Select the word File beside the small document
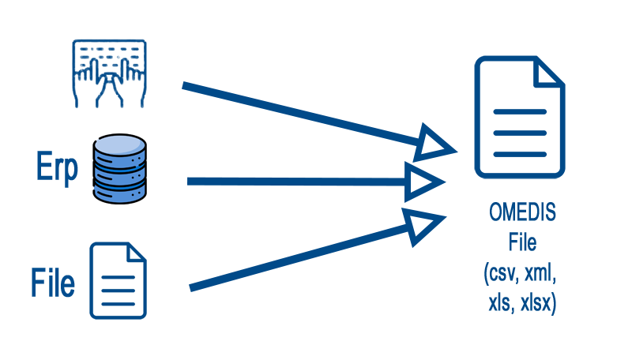click(53, 283)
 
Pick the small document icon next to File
click(118, 280)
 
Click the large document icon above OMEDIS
click(520, 118)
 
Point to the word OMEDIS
click(521, 214)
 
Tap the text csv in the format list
click(501, 275)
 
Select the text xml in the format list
click(543, 275)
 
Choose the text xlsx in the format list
click(540, 303)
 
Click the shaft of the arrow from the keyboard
click(300, 114)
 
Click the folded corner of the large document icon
click(549, 72)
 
